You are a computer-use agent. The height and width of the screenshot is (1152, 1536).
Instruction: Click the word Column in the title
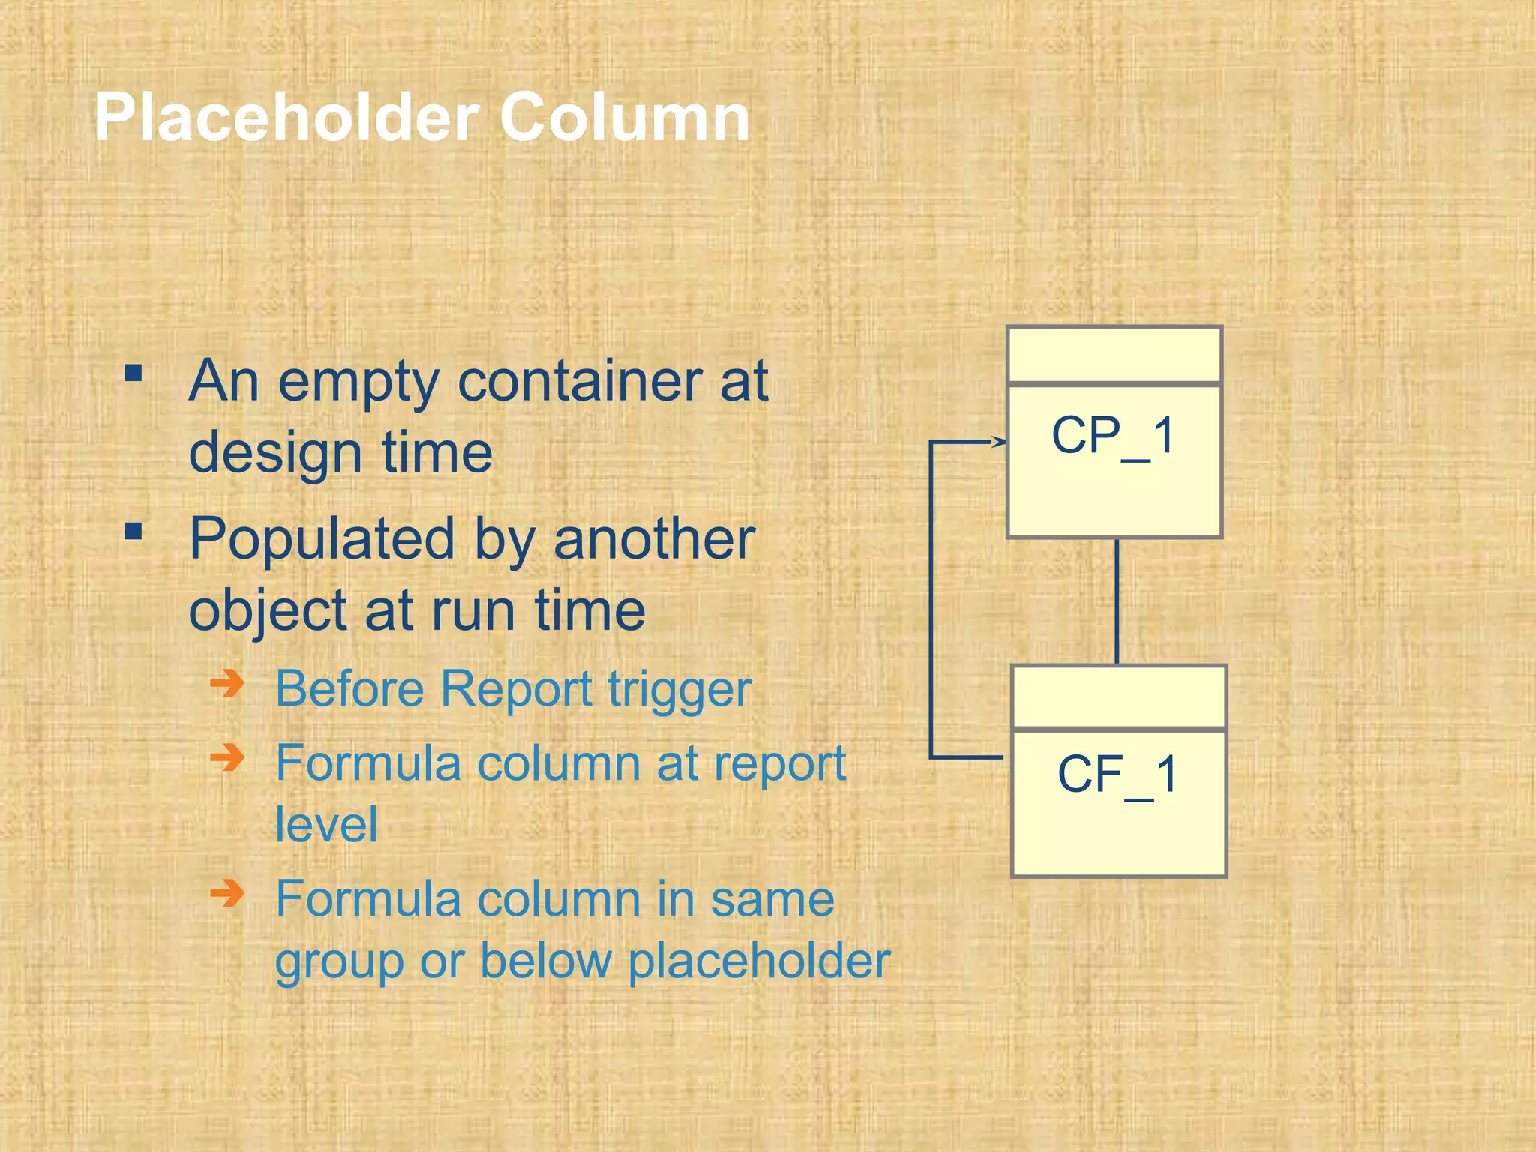click(624, 118)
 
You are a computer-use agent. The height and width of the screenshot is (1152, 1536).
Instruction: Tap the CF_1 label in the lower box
click(1117, 775)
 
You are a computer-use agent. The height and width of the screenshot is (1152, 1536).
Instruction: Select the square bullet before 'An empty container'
click(133, 373)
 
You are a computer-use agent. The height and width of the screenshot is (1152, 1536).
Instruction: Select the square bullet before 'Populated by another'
click(133, 532)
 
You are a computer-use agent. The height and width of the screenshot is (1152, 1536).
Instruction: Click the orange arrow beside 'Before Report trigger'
click(227, 683)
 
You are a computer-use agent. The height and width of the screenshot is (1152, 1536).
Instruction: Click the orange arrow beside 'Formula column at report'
click(227, 757)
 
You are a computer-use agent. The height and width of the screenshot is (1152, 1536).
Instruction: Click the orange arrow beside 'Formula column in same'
click(227, 892)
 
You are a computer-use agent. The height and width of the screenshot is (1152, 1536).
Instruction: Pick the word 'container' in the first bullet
click(580, 381)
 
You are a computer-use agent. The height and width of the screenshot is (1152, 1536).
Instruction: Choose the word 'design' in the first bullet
click(275, 453)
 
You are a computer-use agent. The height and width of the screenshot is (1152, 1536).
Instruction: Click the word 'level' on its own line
click(326, 825)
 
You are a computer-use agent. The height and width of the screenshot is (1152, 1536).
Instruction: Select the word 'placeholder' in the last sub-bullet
click(759, 961)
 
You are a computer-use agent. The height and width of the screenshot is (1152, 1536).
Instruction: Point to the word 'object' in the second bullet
click(266, 611)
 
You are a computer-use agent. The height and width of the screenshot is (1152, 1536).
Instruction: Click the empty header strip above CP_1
click(1114, 355)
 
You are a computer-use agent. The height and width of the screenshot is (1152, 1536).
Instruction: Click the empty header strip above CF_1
click(1119, 696)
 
